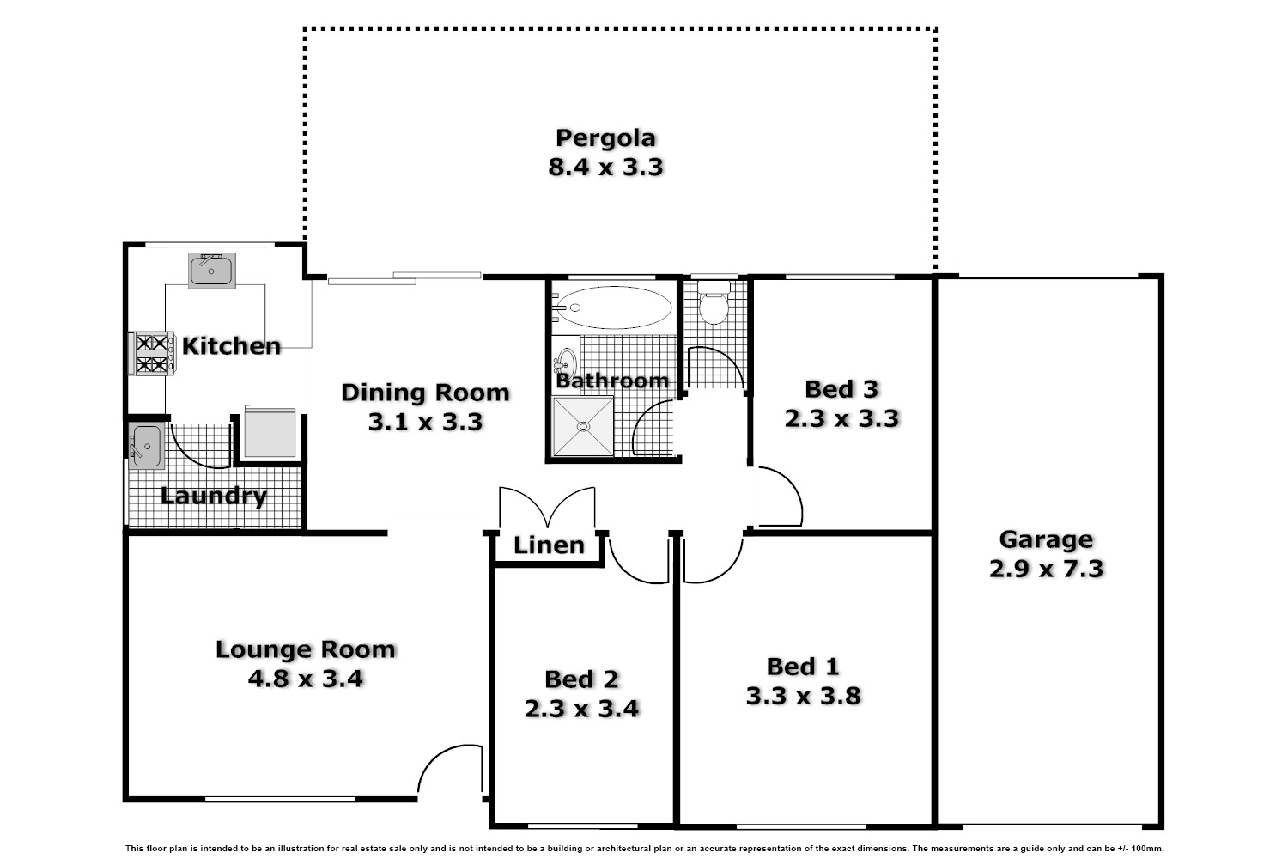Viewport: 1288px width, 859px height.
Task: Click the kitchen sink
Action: click(x=211, y=271)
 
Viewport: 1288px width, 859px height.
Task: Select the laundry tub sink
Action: click(x=147, y=446)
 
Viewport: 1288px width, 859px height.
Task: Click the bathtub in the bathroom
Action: click(x=615, y=308)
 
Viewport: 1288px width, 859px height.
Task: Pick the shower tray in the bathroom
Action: click(x=583, y=426)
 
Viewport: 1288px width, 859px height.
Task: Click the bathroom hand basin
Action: click(x=567, y=359)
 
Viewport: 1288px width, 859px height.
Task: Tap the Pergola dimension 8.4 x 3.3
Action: click(x=605, y=167)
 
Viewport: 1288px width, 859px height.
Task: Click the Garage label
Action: click(x=1045, y=539)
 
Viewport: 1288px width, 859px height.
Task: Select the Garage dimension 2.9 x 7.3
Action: click(x=1045, y=569)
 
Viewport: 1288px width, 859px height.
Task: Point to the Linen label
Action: click(x=549, y=545)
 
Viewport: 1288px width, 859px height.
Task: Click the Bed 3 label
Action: click(x=841, y=389)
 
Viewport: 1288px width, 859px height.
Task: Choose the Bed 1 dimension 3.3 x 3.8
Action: click(x=803, y=696)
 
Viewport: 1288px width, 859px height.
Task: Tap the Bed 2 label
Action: click(x=581, y=679)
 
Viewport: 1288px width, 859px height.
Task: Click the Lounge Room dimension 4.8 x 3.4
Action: click(x=306, y=679)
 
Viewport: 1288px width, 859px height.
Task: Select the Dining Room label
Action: click(x=425, y=393)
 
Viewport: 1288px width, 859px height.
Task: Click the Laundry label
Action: click(x=214, y=497)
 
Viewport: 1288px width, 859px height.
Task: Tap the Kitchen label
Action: click(x=231, y=346)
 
